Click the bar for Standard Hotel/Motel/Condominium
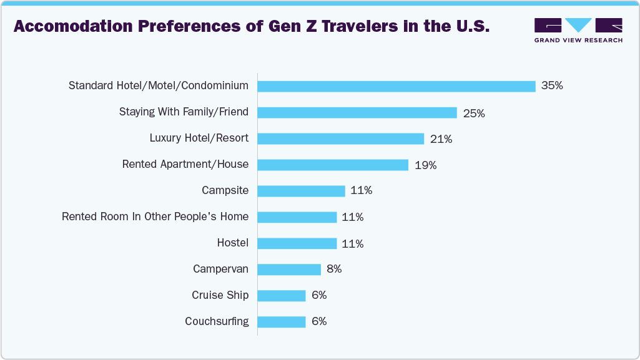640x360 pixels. pos(396,86)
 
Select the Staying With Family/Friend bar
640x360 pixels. pos(357,112)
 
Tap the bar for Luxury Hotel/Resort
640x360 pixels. pos(341,139)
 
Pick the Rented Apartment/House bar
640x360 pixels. pos(333,165)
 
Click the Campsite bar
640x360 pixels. pos(301,191)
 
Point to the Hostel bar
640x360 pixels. pos(297,243)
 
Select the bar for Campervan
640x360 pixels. pos(289,270)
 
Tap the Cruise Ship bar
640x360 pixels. pos(282,296)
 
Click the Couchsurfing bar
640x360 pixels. pos(282,322)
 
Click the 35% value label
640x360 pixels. pos(552,86)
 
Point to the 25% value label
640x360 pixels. pos(474,113)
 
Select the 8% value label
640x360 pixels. pos(334,270)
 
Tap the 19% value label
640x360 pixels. pos(425,165)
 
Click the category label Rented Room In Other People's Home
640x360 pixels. pos(155,217)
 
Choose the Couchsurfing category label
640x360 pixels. pos(217,322)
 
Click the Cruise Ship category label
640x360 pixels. pos(220,296)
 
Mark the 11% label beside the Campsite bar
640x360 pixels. pos(361,191)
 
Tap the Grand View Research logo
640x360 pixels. pos(578,31)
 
